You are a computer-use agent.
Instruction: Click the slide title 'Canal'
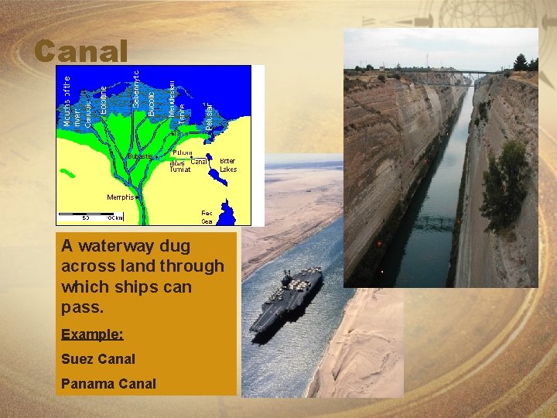click(80, 52)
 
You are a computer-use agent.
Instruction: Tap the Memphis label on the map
click(121, 197)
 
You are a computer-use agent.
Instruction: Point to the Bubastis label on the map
click(140, 156)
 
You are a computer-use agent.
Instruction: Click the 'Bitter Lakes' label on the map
click(228, 165)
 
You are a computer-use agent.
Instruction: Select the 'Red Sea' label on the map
click(207, 217)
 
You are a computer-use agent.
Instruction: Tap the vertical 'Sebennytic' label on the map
click(136, 88)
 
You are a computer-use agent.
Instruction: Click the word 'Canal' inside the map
click(199, 162)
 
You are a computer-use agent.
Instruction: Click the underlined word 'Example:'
click(92, 334)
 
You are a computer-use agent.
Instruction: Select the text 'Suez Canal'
click(97, 358)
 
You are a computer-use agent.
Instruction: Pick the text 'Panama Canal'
click(108, 383)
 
